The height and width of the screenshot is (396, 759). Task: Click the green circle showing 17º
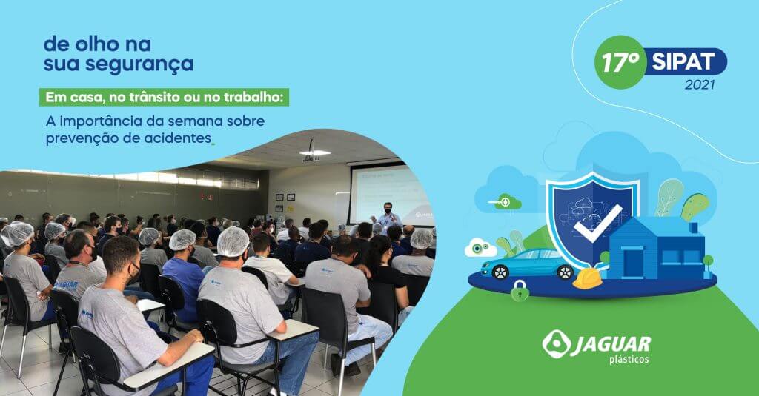click(621, 62)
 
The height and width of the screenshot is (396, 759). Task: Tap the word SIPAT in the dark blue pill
click(683, 62)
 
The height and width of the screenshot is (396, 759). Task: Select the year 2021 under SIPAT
click(700, 84)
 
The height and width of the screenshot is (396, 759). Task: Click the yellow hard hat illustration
click(587, 279)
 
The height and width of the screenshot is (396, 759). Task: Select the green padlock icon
click(520, 291)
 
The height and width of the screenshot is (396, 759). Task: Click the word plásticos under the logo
click(629, 359)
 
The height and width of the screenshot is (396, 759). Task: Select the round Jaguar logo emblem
click(556, 344)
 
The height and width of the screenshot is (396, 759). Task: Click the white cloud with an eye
click(480, 248)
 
